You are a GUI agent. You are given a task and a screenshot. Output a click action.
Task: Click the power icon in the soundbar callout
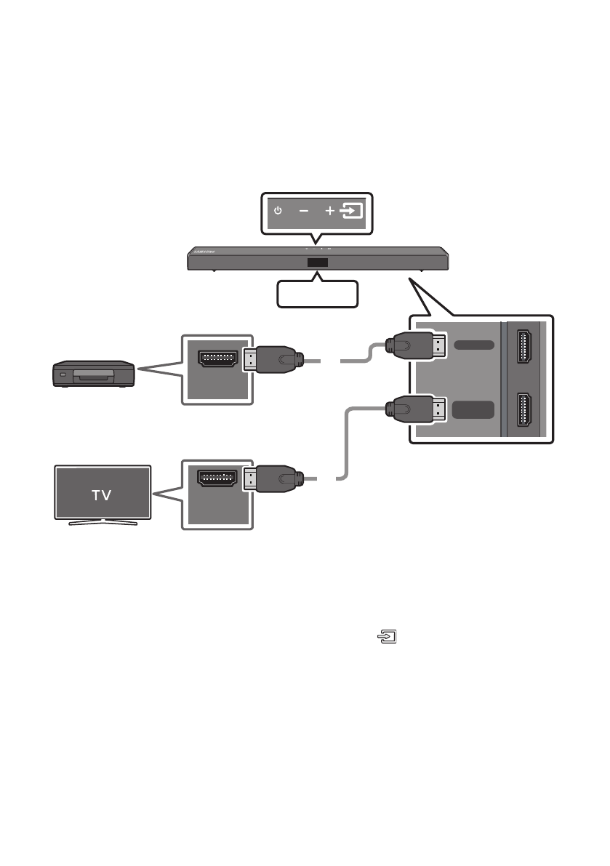coord(277,211)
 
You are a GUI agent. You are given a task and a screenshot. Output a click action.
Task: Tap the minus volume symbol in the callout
coord(303,211)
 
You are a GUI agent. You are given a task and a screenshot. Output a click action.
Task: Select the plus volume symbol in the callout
coord(329,211)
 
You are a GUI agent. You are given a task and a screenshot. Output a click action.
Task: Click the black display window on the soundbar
coord(317,263)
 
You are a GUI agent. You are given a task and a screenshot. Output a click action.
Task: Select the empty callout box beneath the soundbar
coord(318,293)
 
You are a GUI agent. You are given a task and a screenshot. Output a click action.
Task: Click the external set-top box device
coord(93,375)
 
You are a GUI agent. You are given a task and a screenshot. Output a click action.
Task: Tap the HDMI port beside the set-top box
coord(217,358)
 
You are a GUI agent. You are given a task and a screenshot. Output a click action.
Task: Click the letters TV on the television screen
coord(103,494)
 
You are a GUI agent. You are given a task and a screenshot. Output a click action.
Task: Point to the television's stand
coord(103,521)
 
